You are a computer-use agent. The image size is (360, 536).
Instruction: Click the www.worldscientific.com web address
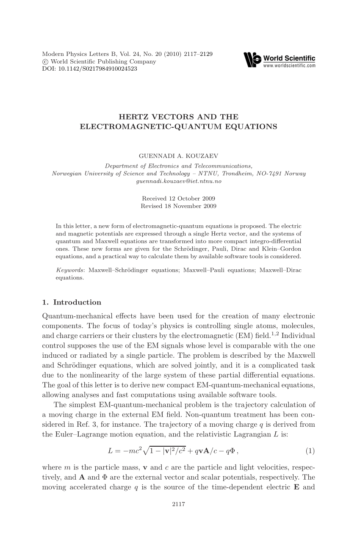point(289,66)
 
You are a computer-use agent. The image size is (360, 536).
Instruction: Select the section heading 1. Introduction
point(72,302)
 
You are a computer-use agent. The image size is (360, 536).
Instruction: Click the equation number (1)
point(310,451)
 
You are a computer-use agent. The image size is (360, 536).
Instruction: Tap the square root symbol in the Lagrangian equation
point(147,450)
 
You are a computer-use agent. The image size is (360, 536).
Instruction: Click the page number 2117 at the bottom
point(180,504)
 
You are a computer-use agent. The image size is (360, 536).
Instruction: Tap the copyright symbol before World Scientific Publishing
point(45,62)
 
